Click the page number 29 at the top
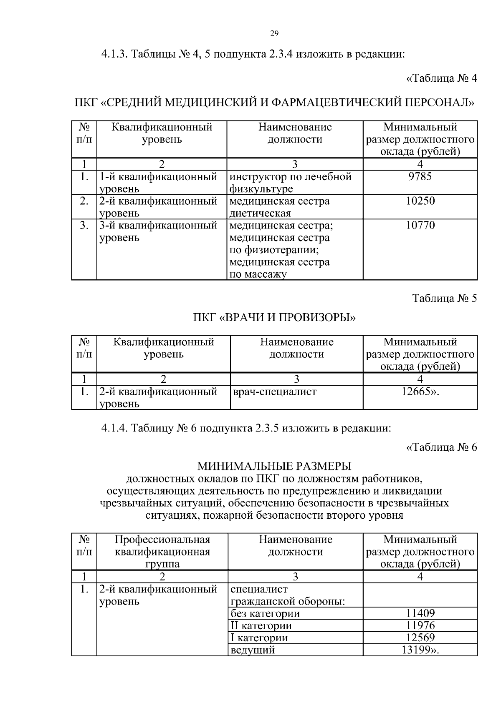274,34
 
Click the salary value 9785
420,177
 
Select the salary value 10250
420,201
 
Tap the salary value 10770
420,226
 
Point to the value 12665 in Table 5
419,392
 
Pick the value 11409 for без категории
420,613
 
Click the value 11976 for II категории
420,625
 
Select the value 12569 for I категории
420,638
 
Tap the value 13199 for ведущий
419,650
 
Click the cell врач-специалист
273,392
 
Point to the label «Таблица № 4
441,78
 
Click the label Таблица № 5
444,299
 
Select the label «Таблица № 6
441,447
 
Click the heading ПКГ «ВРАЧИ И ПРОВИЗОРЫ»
274,318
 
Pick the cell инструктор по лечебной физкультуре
290,183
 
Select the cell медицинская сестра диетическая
279,207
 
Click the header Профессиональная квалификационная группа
162,552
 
